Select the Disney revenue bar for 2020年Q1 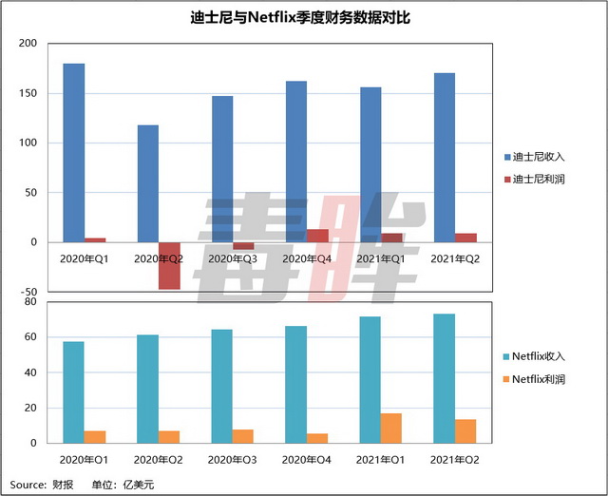coord(74,152)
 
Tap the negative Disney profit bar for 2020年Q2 coord(169,265)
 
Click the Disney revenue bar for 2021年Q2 coord(445,158)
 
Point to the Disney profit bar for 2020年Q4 coord(318,236)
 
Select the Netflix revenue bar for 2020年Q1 coord(74,391)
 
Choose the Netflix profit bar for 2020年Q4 coord(318,438)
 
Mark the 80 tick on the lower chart coord(30,301)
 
